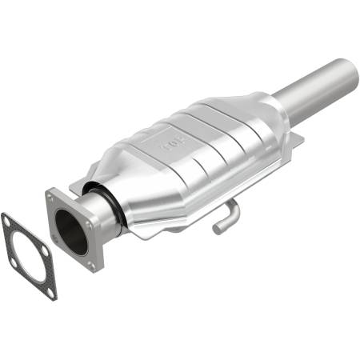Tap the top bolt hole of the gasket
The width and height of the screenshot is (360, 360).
pyautogui.click(x=10, y=216)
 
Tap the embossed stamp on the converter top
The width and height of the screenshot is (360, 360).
pyautogui.click(x=171, y=145)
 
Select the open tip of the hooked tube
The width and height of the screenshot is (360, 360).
pyautogui.click(x=217, y=230)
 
